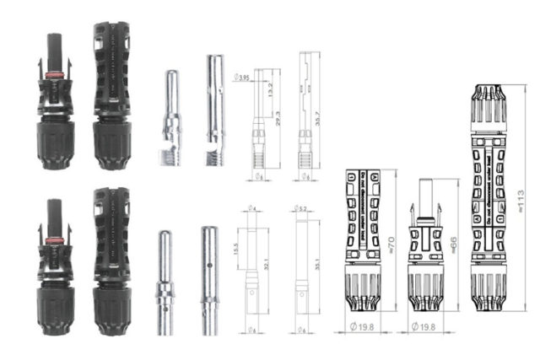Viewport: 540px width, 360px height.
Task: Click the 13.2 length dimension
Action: [x=270, y=90]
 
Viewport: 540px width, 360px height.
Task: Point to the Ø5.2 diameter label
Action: [x=303, y=208]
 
